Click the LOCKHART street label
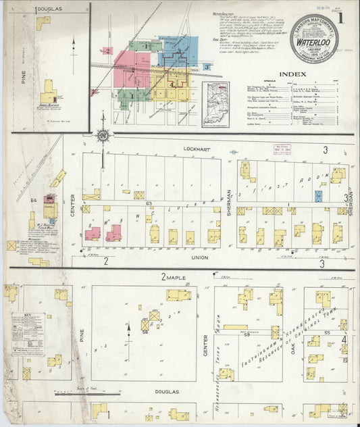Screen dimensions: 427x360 192,147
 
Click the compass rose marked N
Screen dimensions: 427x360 103,137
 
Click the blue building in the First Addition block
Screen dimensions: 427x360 318,195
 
